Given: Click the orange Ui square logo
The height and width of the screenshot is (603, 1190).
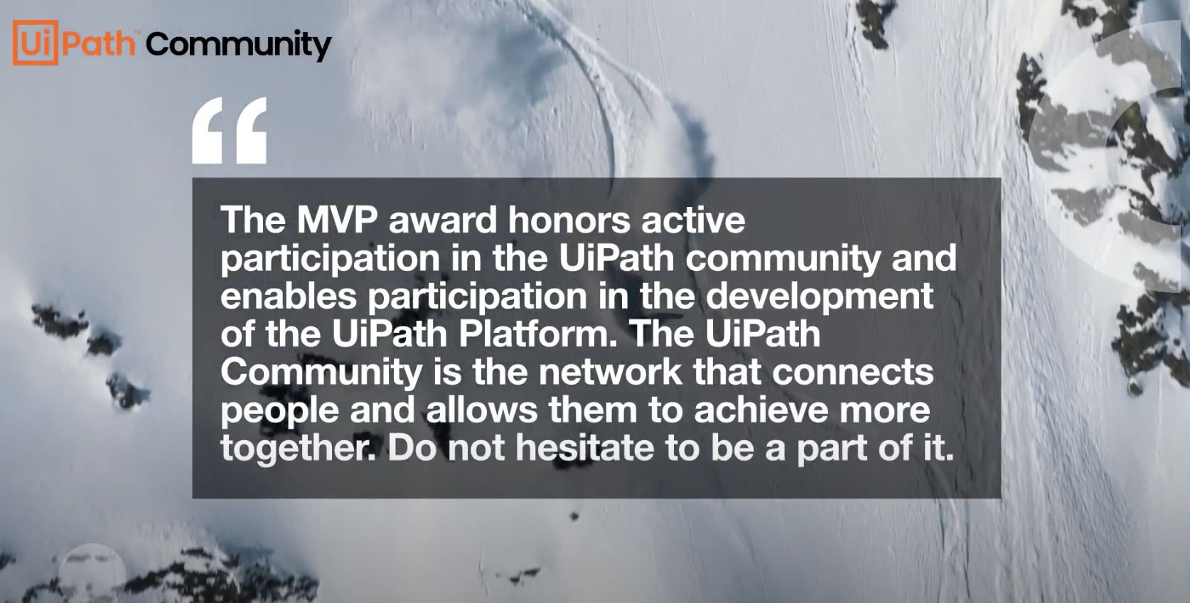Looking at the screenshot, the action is [35, 43].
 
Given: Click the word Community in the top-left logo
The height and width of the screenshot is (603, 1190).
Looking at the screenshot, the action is [239, 46].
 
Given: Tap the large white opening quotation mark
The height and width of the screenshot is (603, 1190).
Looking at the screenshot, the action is [230, 130].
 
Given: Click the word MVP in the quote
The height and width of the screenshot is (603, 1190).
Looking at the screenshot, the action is [338, 220].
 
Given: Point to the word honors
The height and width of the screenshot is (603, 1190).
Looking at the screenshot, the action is [569, 220].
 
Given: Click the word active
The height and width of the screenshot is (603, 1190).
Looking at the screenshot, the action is [693, 220].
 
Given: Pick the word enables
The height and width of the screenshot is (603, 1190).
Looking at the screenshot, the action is [289, 296].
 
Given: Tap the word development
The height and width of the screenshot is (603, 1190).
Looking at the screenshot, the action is [819, 296].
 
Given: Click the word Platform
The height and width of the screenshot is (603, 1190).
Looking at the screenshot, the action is [538, 334].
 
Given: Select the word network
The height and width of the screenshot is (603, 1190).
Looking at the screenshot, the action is [611, 372].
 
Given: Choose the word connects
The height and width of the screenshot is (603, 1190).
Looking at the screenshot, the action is [852, 373].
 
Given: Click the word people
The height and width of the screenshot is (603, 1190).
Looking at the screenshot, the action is [280, 411].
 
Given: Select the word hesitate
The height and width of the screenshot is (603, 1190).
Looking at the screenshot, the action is [585, 448].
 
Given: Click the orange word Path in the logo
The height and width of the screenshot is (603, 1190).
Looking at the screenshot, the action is [99, 43].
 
